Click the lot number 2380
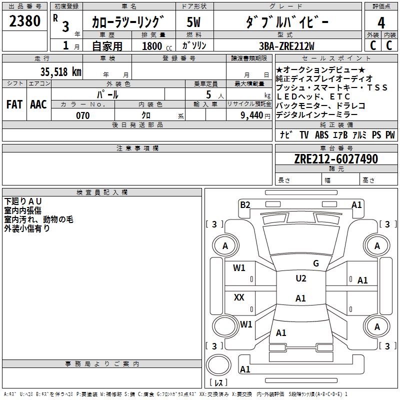pyautogui.click(x=25, y=21)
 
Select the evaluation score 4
pyautogui.click(x=381, y=22)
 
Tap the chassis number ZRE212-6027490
pyautogui.click(x=336, y=159)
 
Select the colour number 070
pyautogui.click(x=83, y=115)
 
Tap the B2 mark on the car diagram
pyautogui.click(x=245, y=204)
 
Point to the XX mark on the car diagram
pyautogui.click(x=239, y=297)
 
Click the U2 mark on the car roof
pyautogui.click(x=301, y=278)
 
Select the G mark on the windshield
pyautogui.click(x=315, y=263)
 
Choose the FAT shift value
pyautogui.click(x=14, y=104)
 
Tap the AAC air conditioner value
pyautogui.click(x=38, y=104)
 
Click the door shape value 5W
pyautogui.click(x=194, y=22)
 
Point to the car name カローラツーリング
pyautogui.click(x=128, y=22)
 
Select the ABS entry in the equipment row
pyautogui.click(x=321, y=135)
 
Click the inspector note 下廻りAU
pyautogui.click(x=23, y=201)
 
